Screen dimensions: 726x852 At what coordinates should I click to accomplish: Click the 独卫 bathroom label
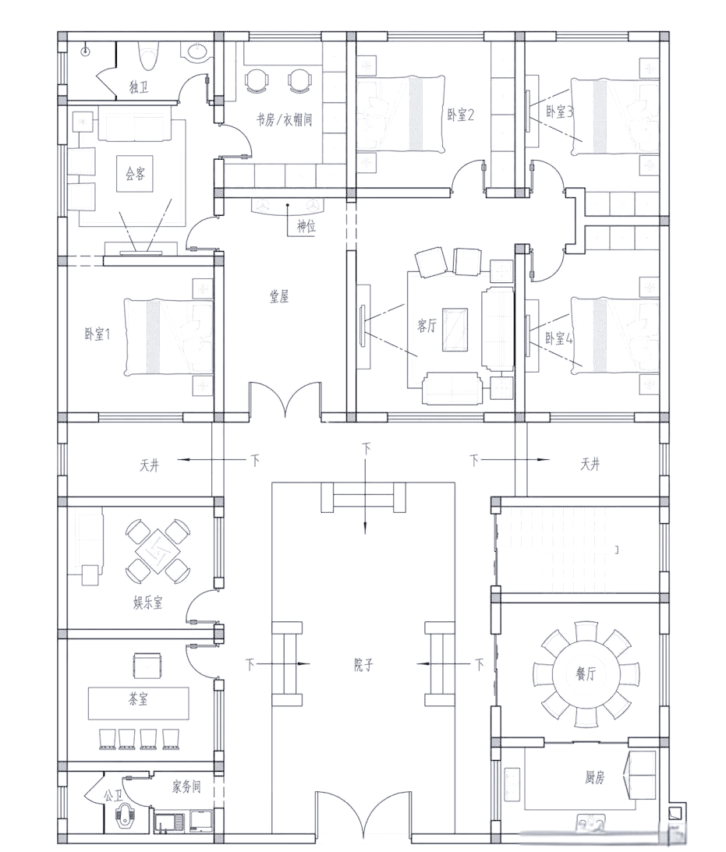[139, 87]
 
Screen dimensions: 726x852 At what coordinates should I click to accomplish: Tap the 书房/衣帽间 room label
[284, 119]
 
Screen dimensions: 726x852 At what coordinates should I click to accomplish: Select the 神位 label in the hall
[306, 226]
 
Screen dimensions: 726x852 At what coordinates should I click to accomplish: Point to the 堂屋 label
[279, 296]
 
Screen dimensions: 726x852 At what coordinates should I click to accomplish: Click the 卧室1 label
[97, 334]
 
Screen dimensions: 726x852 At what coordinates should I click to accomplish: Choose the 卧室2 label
[461, 115]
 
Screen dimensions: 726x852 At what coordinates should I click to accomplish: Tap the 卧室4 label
[558, 338]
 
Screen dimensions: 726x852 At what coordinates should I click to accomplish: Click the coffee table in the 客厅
[455, 329]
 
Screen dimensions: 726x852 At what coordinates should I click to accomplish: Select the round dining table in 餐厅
[586, 673]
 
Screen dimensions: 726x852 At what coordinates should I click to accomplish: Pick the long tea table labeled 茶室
[139, 703]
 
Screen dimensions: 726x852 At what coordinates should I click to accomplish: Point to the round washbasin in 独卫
[198, 51]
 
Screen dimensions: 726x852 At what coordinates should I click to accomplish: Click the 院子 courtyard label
[363, 664]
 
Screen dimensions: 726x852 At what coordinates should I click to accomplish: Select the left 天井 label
[150, 465]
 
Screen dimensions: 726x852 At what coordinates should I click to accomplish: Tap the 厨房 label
[594, 778]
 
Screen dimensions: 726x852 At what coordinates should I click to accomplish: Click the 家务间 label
[186, 787]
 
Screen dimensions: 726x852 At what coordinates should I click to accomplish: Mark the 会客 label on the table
[136, 174]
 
